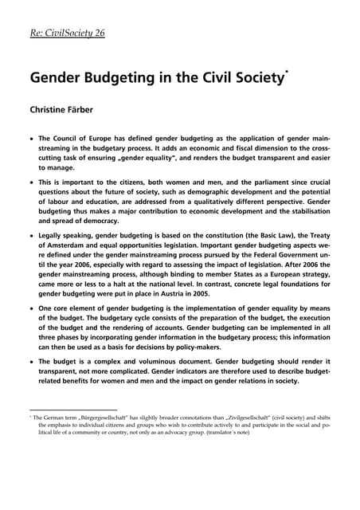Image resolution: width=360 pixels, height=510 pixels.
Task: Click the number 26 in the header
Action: coord(98,33)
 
